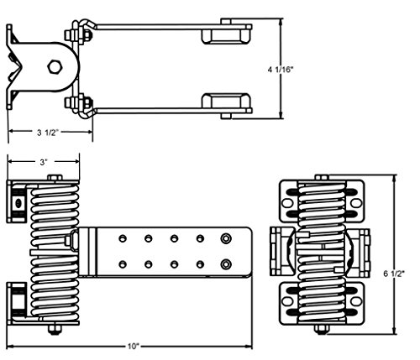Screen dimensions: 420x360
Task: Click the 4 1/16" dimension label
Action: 280,69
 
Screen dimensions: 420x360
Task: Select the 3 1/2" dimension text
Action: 48,133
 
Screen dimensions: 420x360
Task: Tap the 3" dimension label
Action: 43,162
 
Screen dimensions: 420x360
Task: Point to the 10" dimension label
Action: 134,347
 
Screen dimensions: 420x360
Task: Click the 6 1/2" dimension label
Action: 394,274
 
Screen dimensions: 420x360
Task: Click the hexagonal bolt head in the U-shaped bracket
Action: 55,67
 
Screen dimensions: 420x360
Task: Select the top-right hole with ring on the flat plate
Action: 226,238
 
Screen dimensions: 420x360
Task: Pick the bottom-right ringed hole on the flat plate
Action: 226,264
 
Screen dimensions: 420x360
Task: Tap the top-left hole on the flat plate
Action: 123,238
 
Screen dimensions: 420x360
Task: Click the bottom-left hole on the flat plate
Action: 123,264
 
